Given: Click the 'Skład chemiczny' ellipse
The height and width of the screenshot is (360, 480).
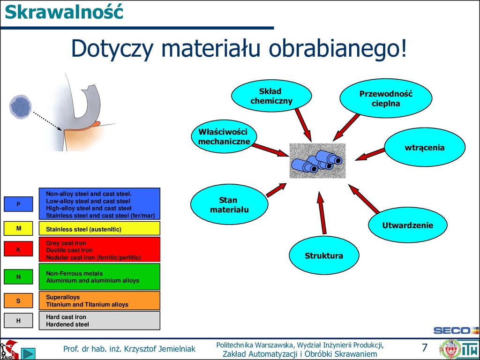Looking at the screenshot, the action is pyautogui.click(x=271, y=96).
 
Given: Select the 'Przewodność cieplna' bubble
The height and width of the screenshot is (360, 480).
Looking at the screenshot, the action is pyautogui.click(x=386, y=98).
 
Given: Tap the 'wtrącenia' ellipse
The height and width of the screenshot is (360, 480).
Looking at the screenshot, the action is pyautogui.click(x=425, y=147).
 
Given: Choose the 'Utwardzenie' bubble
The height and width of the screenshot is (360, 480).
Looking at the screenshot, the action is pyautogui.click(x=407, y=225).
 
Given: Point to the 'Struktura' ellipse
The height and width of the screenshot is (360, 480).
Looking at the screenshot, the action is pyautogui.click(x=324, y=255).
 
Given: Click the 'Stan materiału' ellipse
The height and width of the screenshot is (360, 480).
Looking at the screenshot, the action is pyautogui.click(x=229, y=205).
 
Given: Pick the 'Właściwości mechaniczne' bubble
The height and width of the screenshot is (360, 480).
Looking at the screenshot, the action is pyautogui.click(x=224, y=136).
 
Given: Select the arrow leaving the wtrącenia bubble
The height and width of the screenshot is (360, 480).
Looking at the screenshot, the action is pyautogui.click(x=370, y=154).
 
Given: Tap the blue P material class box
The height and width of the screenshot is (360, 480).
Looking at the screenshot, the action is pyautogui.click(x=18, y=204).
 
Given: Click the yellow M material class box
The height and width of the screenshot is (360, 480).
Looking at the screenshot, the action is pyautogui.click(x=18, y=228).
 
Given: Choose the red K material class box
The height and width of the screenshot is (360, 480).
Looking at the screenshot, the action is pyautogui.click(x=18, y=249).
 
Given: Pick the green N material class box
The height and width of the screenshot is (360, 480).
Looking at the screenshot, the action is pyautogui.click(x=18, y=277).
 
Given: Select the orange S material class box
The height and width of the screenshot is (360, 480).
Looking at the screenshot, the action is pyautogui.click(x=18, y=300).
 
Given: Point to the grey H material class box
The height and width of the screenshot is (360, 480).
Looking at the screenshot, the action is pyautogui.click(x=18, y=321).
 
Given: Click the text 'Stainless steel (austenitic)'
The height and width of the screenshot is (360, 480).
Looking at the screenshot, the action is pyautogui.click(x=83, y=229).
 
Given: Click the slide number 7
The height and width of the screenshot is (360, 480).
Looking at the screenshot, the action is pyautogui.click(x=424, y=348).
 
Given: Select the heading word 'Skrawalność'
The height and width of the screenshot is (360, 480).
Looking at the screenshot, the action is pyautogui.click(x=64, y=12).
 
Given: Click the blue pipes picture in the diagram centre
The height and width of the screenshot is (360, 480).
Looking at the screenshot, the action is pyautogui.click(x=317, y=161).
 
